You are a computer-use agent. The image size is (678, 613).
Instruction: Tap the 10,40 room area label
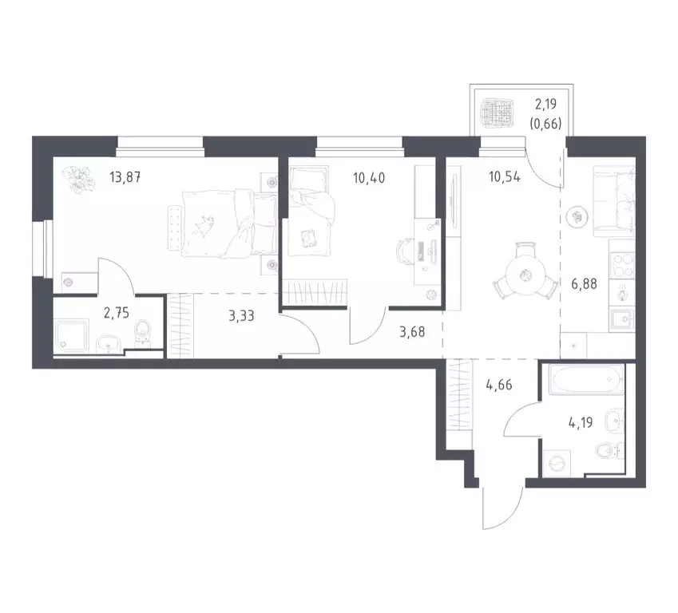(x=369, y=177)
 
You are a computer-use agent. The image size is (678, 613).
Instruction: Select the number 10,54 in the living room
(x=504, y=177)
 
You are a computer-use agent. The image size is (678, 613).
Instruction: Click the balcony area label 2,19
(x=548, y=103)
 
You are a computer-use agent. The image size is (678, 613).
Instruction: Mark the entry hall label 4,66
(x=499, y=383)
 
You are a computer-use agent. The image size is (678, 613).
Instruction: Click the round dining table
(x=523, y=275)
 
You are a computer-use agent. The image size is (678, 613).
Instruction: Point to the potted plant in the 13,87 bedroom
(x=77, y=180)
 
